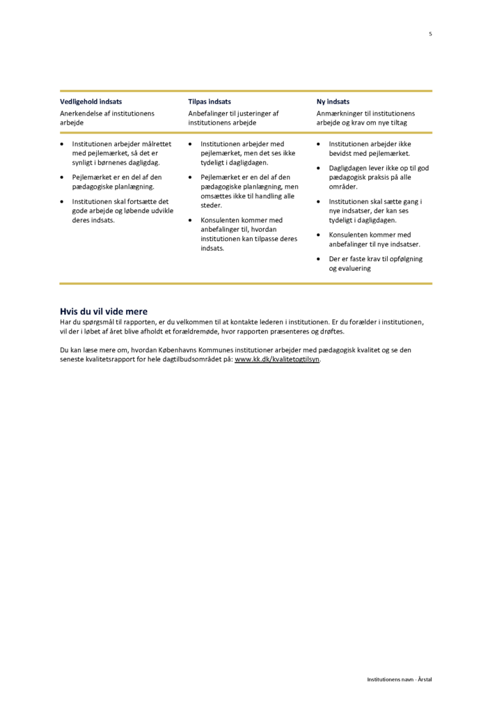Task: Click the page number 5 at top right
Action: [430, 33]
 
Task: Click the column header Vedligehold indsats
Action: [90, 102]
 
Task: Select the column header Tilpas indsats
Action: [210, 102]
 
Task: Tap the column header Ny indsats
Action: [333, 102]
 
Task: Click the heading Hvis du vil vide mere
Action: [104, 311]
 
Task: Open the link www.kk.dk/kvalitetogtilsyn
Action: [277, 359]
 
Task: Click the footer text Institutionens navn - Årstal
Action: [400, 679]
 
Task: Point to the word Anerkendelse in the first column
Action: [81, 113]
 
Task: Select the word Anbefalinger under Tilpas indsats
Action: [209, 113]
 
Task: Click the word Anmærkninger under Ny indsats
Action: [340, 113]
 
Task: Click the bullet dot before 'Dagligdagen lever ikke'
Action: [320, 169]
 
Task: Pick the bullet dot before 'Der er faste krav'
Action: [320, 259]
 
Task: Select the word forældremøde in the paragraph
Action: [197, 331]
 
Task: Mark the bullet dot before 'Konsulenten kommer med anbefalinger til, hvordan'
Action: [191, 220]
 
